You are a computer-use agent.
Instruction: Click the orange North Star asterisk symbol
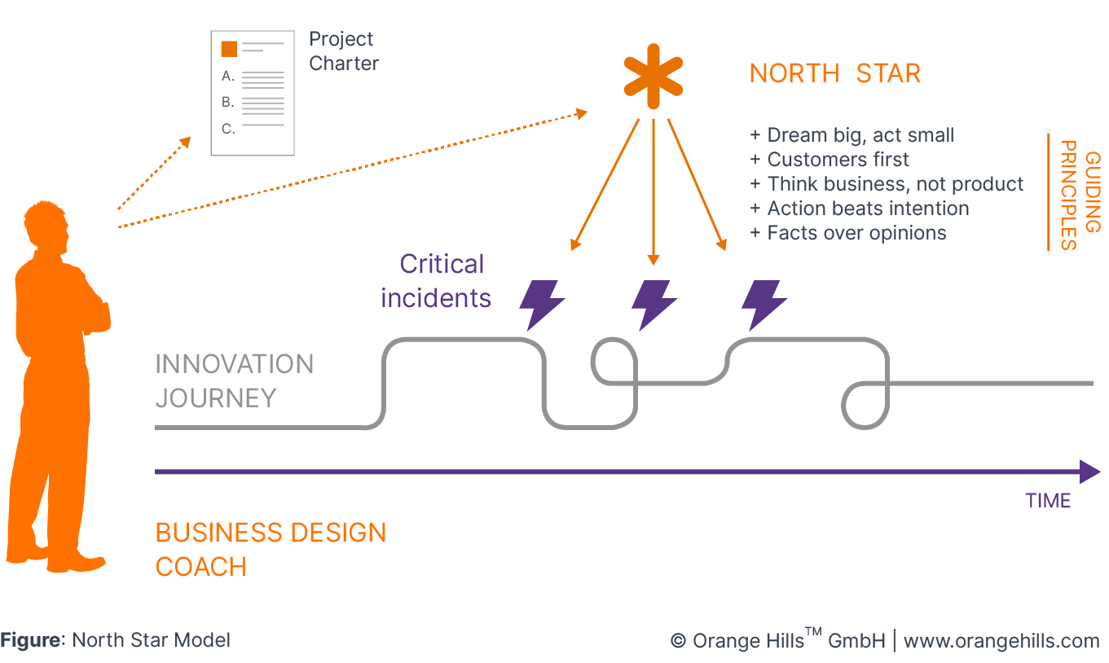click(x=653, y=81)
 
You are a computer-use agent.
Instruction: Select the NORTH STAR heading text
click(x=834, y=73)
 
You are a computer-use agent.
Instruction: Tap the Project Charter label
click(x=343, y=51)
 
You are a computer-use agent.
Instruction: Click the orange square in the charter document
click(x=229, y=49)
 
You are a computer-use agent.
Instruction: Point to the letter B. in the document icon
click(x=228, y=103)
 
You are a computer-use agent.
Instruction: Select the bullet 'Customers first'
click(x=830, y=160)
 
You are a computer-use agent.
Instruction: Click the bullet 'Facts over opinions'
click(x=847, y=233)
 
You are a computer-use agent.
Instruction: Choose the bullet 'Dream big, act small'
click(x=852, y=135)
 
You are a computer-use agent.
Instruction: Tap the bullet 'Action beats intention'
click(x=859, y=209)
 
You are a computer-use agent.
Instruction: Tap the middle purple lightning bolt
click(x=654, y=305)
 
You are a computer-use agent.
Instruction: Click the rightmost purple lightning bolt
click(x=764, y=305)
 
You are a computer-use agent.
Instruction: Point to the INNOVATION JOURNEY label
click(x=234, y=380)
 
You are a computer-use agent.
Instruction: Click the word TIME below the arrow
click(x=1048, y=501)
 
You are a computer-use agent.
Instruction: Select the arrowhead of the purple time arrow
click(x=1089, y=472)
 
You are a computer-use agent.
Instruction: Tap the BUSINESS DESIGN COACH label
click(x=270, y=549)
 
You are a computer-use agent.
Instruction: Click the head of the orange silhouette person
click(x=49, y=222)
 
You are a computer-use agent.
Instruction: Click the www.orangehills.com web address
click(x=1001, y=641)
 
